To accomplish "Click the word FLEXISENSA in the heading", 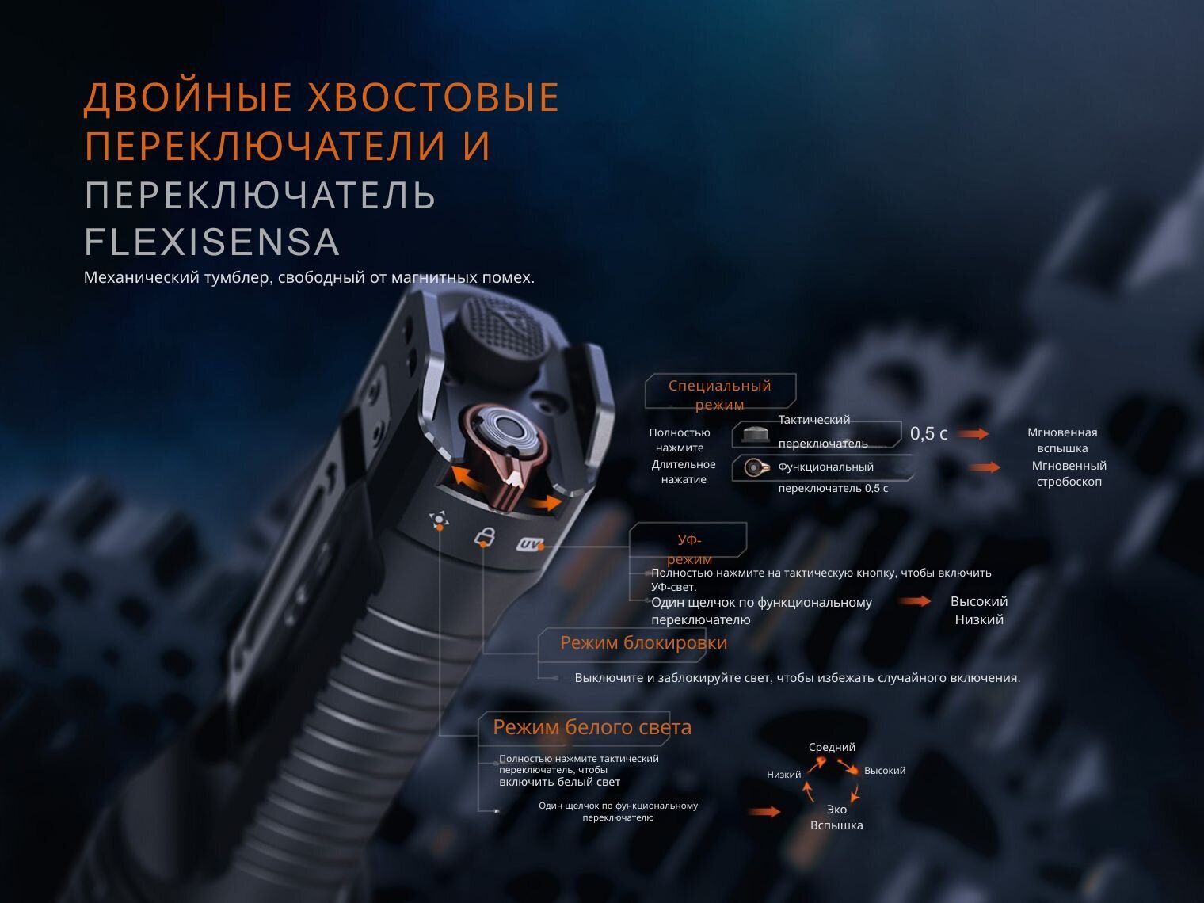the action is click(x=211, y=242).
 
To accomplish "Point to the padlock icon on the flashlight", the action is click(x=484, y=537).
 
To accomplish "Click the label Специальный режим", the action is click(x=720, y=394).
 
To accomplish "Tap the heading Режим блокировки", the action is click(x=643, y=642).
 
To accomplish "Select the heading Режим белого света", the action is click(x=592, y=727).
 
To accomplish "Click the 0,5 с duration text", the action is click(x=928, y=434).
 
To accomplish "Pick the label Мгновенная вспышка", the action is click(x=1062, y=440).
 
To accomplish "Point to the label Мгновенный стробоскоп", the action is click(x=1069, y=474).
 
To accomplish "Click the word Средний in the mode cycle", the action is click(x=832, y=747).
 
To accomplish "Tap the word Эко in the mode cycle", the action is click(x=836, y=810).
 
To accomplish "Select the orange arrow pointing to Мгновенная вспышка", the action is click(x=973, y=434).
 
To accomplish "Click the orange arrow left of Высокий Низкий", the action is click(x=915, y=601).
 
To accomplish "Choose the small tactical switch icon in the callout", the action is click(x=756, y=434).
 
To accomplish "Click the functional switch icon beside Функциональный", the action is click(x=756, y=467).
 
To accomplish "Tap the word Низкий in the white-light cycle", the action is click(x=784, y=775).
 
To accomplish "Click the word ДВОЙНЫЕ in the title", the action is click(x=189, y=97).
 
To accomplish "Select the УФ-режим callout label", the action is click(x=689, y=550).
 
